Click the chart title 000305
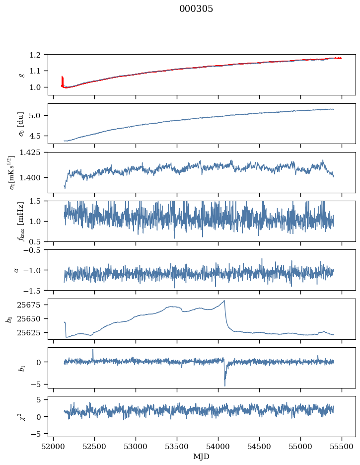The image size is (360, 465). [196, 9]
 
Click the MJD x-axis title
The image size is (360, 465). [202, 457]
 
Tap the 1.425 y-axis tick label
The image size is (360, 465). [34, 153]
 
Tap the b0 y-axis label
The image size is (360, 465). [9, 318]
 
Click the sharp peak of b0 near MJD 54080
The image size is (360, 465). [224, 301]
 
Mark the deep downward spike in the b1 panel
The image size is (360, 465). [225, 386]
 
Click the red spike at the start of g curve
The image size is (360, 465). [62, 77]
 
